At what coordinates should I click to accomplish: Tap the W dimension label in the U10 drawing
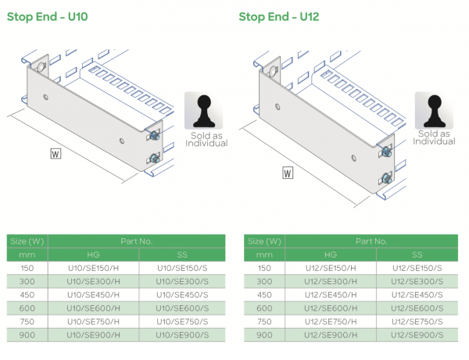(55, 153)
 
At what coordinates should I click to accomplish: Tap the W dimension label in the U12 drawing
(288, 173)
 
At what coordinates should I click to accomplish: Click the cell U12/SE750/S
(417, 321)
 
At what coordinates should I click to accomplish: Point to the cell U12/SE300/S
(417, 281)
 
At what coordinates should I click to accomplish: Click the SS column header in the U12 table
(417, 255)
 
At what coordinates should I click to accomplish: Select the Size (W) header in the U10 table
(27, 241)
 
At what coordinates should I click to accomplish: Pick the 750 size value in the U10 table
(27, 321)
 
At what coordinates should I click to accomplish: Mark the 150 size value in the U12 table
(264, 267)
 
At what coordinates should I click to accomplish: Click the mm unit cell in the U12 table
(264, 255)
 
